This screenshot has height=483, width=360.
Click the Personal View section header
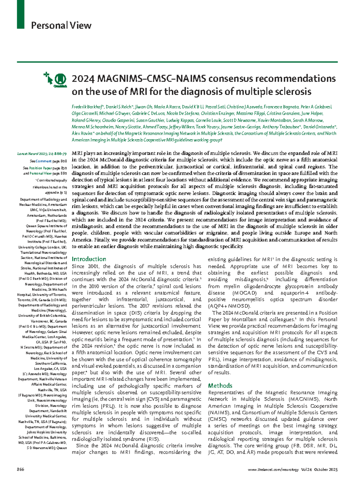61,25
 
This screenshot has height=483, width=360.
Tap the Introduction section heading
89,259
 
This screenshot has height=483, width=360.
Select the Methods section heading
220,386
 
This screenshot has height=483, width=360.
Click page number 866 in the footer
20,470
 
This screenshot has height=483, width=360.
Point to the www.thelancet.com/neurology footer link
273,470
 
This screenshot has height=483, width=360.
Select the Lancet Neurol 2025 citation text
42,154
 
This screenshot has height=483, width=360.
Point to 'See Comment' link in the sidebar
40,161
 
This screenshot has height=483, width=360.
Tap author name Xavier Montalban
274,120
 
